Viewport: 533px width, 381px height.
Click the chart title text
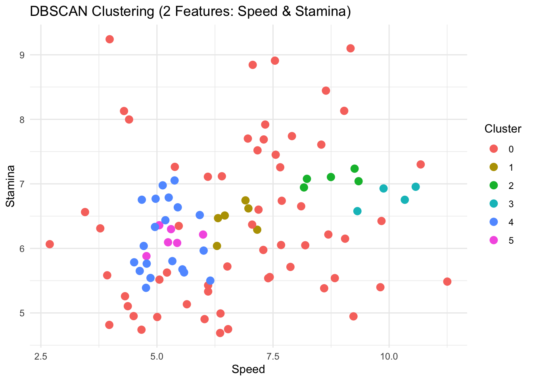click(190, 12)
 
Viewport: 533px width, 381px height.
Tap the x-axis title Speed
click(248, 369)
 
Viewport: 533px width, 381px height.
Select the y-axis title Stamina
click(11, 186)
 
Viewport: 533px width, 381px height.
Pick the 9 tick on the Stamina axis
click(22, 55)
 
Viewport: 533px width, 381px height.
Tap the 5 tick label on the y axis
click(22, 313)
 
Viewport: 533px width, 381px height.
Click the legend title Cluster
click(502, 129)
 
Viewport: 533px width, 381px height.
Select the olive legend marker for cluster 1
click(494, 167)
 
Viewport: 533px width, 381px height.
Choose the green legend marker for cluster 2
click(494, 185)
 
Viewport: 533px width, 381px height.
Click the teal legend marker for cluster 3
click(494, 204)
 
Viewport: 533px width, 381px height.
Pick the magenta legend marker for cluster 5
click(494, 240)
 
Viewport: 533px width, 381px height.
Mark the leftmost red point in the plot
click(50, 244)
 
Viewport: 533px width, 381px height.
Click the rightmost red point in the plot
click(447, 281)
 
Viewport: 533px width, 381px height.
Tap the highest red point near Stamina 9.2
click(110, 39)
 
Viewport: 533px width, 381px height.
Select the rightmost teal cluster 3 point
click(416, 187)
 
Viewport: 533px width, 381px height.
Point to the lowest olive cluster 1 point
click(217, 246)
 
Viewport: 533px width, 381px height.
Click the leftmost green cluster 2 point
click(304, 187)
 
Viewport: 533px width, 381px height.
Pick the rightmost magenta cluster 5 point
click(203, 235)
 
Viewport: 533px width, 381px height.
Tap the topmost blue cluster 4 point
click(174, 181)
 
